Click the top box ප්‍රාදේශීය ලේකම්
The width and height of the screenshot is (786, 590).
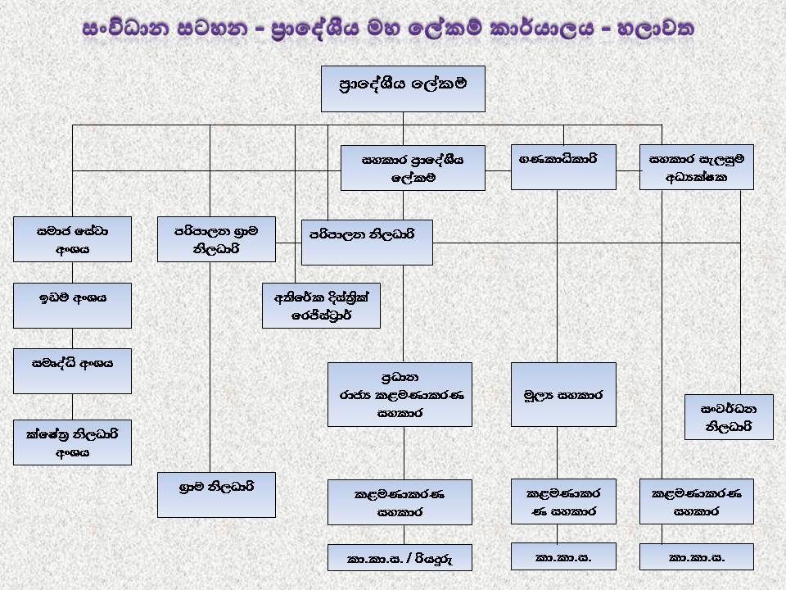pyautogui.click(x=403, y=88)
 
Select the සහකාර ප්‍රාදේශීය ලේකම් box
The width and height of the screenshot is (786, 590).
pyautogui.click(x=413, y=168)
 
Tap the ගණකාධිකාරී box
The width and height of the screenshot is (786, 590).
pyautogui.click(x=563, y=167)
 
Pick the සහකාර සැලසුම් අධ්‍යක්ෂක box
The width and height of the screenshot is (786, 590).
pyautogui.click(x=696, y=167)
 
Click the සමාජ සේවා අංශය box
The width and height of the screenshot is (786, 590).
pyautogui.click(x=72, y=239)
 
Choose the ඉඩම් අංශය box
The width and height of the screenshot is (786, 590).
pyautogui.click(x=72, y=306)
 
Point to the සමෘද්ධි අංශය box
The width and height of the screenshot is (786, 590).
pyautogui.click(x=72, y=371)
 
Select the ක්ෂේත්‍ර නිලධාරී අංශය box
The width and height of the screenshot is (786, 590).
pyautogui.click(x=72, y=442)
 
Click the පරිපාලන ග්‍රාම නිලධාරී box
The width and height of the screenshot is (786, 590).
pyautogui.click(x=216, y=239)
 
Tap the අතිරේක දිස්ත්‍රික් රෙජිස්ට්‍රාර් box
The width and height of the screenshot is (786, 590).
pyautogui.click(x=321, y=306)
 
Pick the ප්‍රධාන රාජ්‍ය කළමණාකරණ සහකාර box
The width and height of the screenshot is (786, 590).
pyautogui.click(x=400, y=395)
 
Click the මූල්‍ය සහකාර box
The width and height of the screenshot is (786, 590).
pyautogui.click(x=563, y=395)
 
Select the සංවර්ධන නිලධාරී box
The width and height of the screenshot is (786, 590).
pyautogui.click(x=729, y=417)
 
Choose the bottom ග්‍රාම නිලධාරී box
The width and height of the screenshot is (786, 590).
pyautogui.click(x=216, y=495)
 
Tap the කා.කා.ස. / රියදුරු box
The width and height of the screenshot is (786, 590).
pyautogui.click(x=400, y=557)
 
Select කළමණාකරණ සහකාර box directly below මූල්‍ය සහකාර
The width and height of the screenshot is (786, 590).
pyautogui.click(x=563, y=501)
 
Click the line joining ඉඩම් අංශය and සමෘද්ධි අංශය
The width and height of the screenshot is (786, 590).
pyautogui.click(x=72, y=338)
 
